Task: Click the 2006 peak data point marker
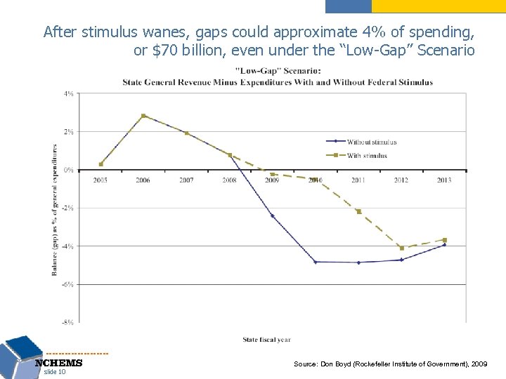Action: [143, 116]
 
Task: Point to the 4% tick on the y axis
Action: [70, 93]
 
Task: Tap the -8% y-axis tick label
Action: [68, 322]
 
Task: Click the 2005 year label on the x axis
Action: [100, 180]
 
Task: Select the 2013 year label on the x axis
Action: [443, 180]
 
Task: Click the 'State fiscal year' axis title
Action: [266, 340]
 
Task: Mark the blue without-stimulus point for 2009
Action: [272, 215]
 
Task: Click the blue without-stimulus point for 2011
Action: [358, 262]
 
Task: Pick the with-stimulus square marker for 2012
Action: [401, 248]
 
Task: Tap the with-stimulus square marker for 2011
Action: [358, 211]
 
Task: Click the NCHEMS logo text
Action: [59, 364]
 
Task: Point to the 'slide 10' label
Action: [55, 372]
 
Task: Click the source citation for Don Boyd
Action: [390, 365]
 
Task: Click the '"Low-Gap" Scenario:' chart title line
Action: [278, 70]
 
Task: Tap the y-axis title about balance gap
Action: [55, 209]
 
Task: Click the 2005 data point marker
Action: [101, 164]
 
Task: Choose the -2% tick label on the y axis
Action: [69, 208]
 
